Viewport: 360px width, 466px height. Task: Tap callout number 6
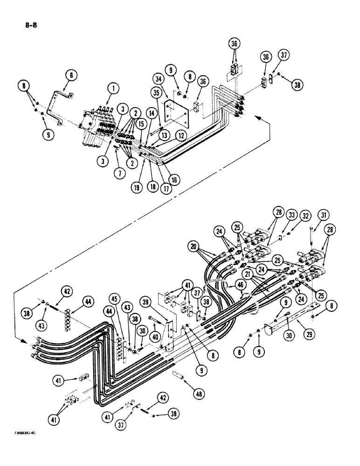71,75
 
